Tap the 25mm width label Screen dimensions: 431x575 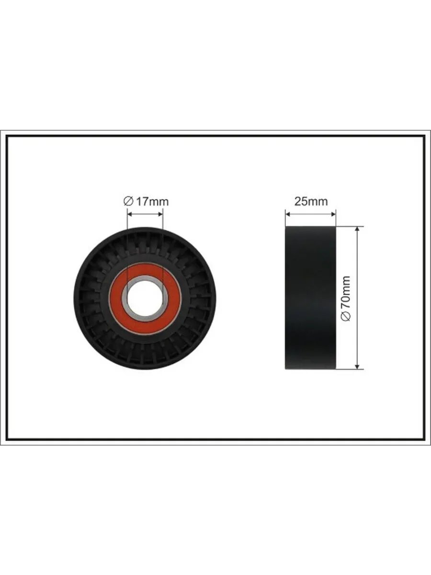point(311,202)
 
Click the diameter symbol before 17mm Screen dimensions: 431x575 point(128,202)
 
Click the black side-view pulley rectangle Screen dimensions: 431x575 point(311,298)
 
